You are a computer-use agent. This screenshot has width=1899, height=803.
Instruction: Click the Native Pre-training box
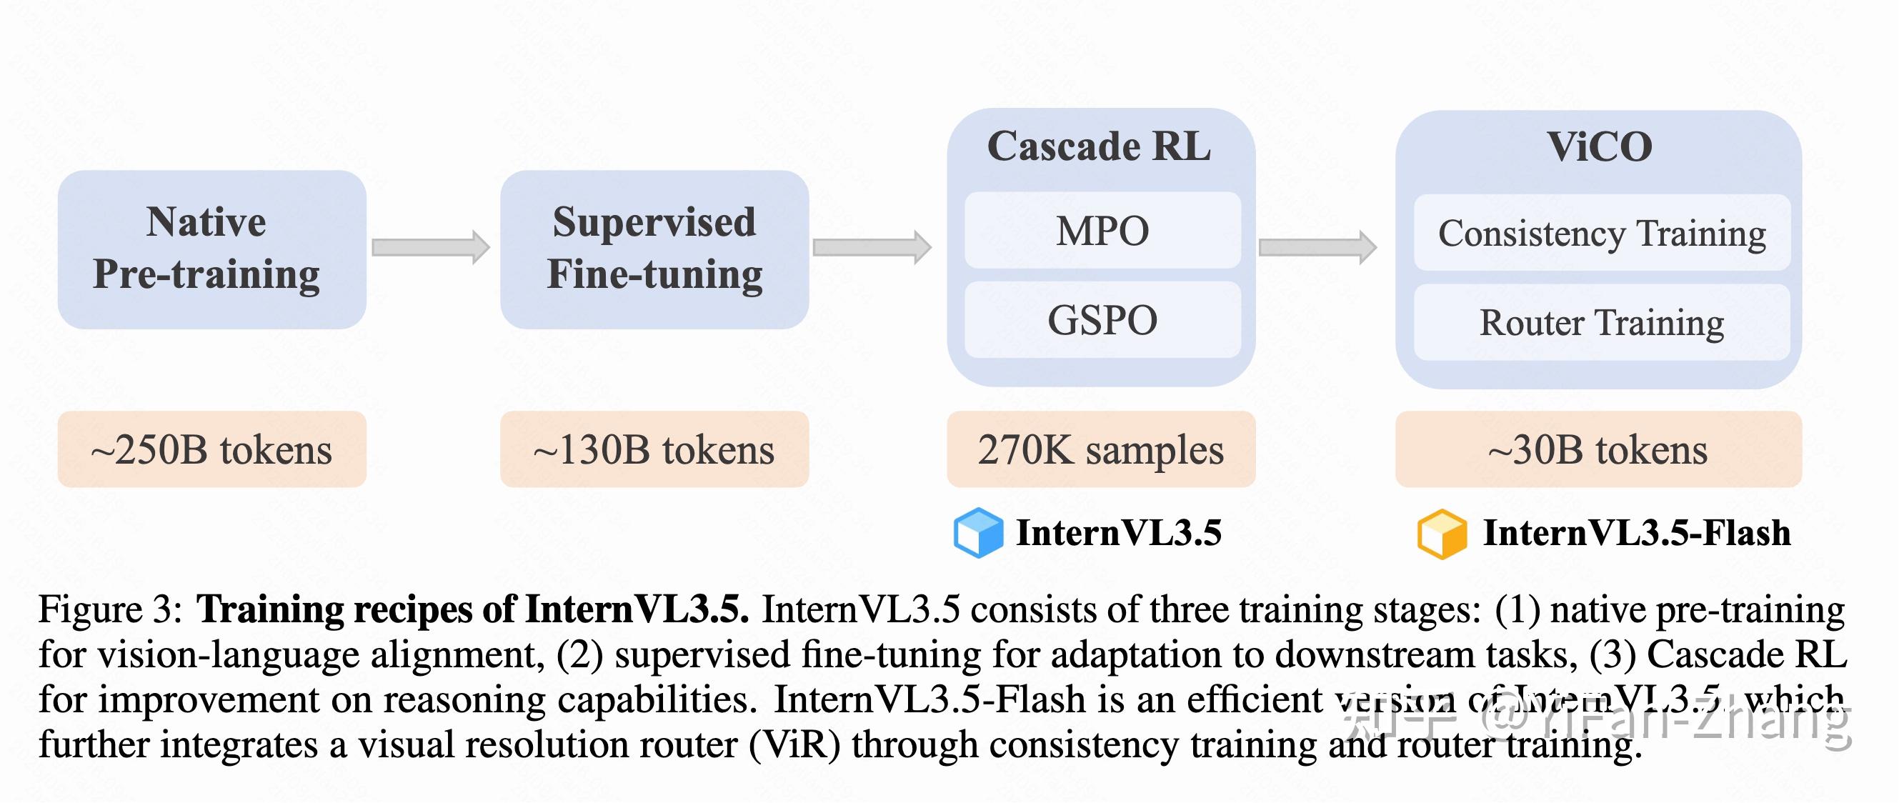point(211,249)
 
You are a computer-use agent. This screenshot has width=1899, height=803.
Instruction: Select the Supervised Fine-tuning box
point(654,249)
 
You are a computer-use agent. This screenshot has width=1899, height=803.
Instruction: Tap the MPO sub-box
point(1102,230)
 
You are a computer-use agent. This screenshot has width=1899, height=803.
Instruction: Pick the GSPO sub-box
point(1102,320)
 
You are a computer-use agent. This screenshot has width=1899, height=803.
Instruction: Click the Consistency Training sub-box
point(1601,233)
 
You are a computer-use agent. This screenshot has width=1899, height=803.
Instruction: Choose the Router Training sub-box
point(1601,323)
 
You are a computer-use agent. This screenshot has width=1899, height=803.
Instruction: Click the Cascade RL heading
point(1098,146)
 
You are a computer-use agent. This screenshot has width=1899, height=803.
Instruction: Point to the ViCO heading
point(1598,146)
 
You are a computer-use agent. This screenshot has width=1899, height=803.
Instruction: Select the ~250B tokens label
point(211,449)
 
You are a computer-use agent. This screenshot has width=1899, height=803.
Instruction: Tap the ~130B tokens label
point(654,449)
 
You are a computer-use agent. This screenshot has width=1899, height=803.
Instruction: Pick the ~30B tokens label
point(1598,449)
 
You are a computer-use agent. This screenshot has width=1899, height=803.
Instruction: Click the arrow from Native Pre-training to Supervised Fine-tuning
point(431,247)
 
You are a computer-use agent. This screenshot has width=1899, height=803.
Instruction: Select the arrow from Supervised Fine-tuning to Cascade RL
point(872,247)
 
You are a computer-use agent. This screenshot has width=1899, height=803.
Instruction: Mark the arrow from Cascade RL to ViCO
point(1317,247)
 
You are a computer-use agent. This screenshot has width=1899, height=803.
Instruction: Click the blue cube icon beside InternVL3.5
point(977,532)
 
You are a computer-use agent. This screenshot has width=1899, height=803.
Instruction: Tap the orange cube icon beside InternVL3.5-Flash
point(1441,534)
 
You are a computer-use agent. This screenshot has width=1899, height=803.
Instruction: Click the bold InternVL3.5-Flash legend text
point(1636,532)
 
